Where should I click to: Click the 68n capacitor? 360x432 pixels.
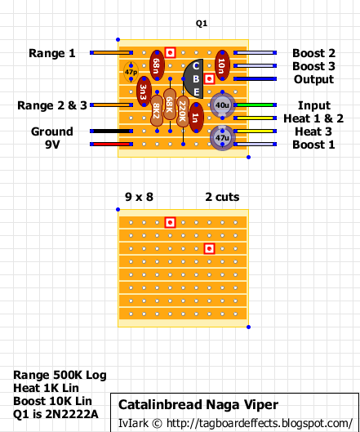(157, 65)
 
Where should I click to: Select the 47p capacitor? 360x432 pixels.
(131, 72)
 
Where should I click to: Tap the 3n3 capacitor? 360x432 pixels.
(144, 91)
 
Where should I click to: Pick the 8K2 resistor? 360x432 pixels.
(157, 111)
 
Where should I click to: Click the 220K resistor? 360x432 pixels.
(183, 111)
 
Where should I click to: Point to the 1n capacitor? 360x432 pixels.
(196, 118)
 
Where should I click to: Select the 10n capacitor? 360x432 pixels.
(222, 65)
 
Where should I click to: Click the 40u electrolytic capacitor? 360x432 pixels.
(222, 105)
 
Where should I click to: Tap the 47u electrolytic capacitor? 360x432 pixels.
(222, 137)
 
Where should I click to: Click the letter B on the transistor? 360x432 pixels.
(196, 79)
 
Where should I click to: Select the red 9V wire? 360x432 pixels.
(111, 144)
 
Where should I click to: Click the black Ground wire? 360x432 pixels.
(111, 131)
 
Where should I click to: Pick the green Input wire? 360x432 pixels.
(255, 105)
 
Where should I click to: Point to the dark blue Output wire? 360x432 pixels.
(255, 78)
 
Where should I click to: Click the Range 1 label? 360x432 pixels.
(52, 53)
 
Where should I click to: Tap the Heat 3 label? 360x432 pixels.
(313, 131)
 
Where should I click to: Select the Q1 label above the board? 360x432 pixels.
(202, 24)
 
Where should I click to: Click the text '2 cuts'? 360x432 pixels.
(222, 197)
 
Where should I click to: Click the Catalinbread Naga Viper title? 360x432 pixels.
(198, 405)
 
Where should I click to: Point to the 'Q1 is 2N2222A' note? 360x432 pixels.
(56, 414)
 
